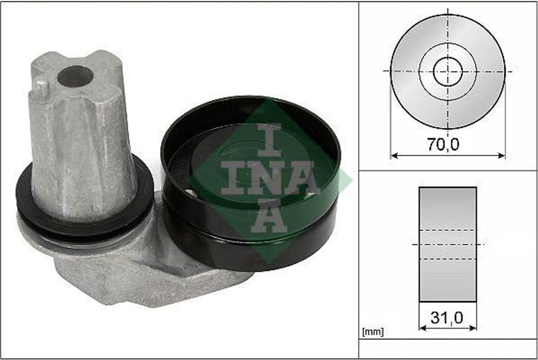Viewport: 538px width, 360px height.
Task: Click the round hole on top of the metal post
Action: (75, 76)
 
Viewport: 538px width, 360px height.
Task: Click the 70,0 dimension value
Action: (442, 145)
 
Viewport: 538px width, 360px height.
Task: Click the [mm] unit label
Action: (373, 332)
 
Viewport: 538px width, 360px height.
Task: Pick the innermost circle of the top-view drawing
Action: (448, 71)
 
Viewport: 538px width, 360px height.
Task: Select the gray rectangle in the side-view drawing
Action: (448, 244)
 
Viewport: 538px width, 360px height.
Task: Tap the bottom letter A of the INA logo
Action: (269, 215)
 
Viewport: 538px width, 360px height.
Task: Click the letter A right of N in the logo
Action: (304, 177)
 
